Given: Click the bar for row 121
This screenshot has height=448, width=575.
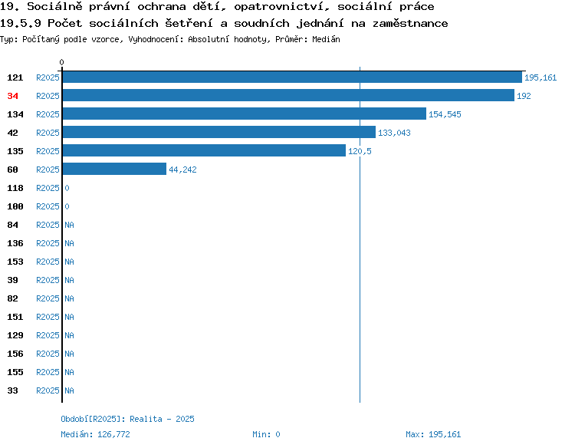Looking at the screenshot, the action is (x=292, y=77).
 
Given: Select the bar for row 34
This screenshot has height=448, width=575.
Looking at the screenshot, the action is (x=288, y=95).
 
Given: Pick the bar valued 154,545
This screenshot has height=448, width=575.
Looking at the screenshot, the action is (x=245, y=114).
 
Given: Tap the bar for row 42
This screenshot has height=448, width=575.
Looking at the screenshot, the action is (x=219, y=132).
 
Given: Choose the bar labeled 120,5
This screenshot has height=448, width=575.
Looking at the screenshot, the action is (x=204, y=150).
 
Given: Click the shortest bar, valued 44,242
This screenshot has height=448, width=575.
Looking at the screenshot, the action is (x=114, y=169).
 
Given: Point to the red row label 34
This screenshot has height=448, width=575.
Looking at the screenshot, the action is (x=12, y=96).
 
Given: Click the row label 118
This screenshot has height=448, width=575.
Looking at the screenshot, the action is (x=15, y=188).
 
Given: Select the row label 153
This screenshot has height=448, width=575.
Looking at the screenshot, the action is (x=15, y=262).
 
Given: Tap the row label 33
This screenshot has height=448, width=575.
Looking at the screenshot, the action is (x=12, y=390).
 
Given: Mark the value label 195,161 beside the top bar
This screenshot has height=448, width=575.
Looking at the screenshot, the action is (x=540, y=77).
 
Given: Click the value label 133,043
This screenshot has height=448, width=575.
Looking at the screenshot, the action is (x=394, y=133).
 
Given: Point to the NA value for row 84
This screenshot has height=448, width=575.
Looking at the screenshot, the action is (x=69, y=225).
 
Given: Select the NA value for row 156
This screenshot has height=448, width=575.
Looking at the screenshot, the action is (x=69, y=354).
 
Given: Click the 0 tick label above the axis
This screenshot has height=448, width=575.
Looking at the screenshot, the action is (x=61, y=62).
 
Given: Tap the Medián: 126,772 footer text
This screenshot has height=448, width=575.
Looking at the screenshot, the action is (x=95, y=434).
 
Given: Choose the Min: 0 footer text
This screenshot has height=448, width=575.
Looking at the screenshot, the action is (x=266, y=434).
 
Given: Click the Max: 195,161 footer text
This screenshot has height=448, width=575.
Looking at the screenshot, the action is (x=433, y=434).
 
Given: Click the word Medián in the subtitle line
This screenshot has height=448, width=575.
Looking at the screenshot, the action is (x=326, y=39).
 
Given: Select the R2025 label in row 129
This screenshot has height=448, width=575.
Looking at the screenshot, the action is (x=48, y=335).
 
